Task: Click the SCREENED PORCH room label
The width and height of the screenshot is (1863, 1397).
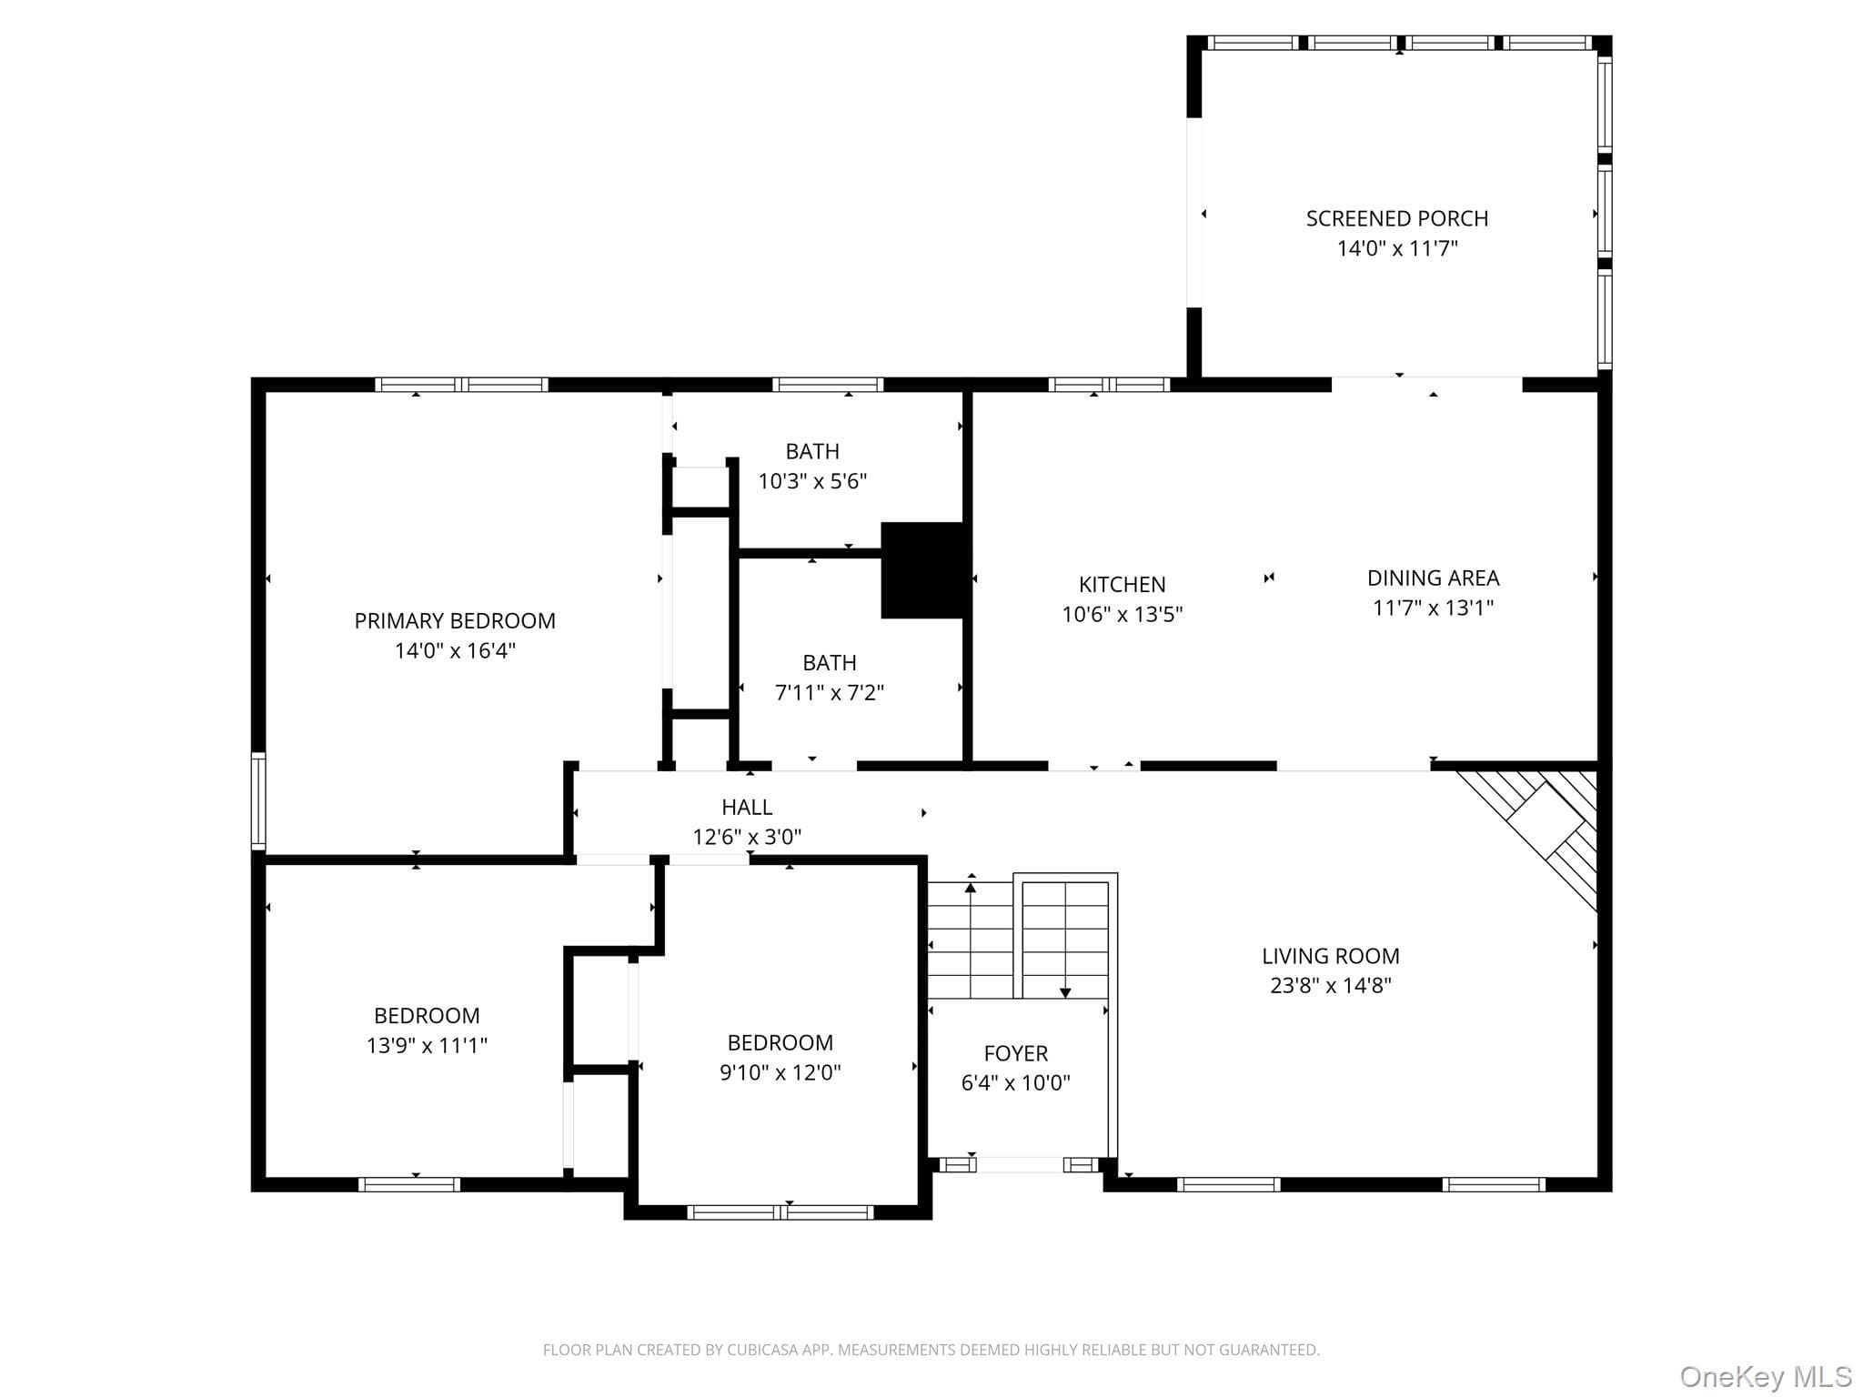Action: [x=1397, y=218]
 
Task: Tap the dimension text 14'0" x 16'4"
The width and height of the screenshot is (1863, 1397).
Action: [x=455, y=650]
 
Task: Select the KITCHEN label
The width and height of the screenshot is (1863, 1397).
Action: [x=1122, y=584]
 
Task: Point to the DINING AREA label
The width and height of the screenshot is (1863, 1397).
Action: [x=1433, y=578]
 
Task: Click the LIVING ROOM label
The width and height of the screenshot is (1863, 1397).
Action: [x=1330, y=956]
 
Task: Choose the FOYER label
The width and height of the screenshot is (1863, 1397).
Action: [x=1015, y=1053]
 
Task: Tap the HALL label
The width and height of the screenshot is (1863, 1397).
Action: [x=747, y=807]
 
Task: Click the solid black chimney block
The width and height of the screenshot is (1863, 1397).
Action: [x=922, y=570]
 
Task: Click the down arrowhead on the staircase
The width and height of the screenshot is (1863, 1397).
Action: [x=1065, y=993]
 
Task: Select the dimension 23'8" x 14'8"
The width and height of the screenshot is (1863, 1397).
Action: [x=1330, y=985]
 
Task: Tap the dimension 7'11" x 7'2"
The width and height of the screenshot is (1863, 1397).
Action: [x=829, y=692]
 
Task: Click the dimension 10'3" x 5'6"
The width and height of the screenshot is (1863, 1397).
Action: [x=812, y=481]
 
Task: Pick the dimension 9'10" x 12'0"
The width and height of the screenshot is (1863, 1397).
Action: [x=780, y=1072]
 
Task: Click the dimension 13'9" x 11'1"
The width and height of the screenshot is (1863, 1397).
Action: [x=427, y=1045]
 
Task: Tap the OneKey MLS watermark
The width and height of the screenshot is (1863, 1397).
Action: [x=1765, y=1376]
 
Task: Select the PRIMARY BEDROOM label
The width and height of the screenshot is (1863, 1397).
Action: [x=455, y=621]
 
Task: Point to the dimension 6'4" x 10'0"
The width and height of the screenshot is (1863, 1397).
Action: [x=1015, y=1082]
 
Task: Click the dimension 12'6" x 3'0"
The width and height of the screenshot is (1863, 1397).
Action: [x=747, y=836]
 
